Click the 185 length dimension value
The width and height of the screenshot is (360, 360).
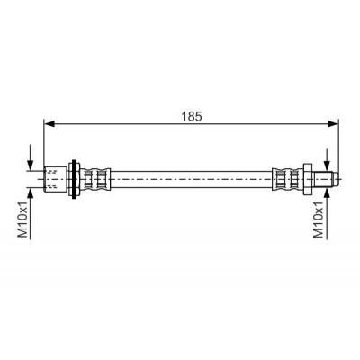(192, 116)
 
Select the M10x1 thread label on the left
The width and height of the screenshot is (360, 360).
(23, 220)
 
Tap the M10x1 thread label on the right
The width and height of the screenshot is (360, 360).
(319, 220)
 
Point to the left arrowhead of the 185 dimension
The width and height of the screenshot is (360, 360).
(49, 124)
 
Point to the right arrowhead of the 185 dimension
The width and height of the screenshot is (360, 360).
(333, 124)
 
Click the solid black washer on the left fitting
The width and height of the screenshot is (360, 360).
(74, 179)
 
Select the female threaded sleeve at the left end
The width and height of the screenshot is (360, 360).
(55, 179)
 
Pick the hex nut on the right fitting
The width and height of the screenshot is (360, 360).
(308, 179)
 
